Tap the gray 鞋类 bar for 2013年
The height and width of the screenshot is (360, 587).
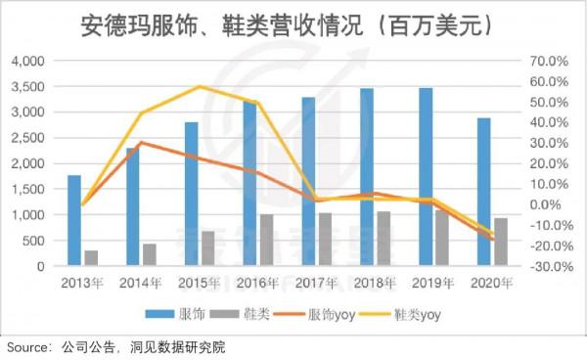91,258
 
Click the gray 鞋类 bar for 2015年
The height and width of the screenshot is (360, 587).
208,248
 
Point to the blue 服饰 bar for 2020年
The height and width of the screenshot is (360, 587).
483,192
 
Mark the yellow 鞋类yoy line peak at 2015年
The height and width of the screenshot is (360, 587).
200,86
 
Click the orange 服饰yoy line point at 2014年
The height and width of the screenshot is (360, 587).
141,143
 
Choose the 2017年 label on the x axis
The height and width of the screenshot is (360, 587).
316,284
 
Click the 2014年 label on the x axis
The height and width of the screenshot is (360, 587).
141,284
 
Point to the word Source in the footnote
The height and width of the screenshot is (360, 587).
28,348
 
